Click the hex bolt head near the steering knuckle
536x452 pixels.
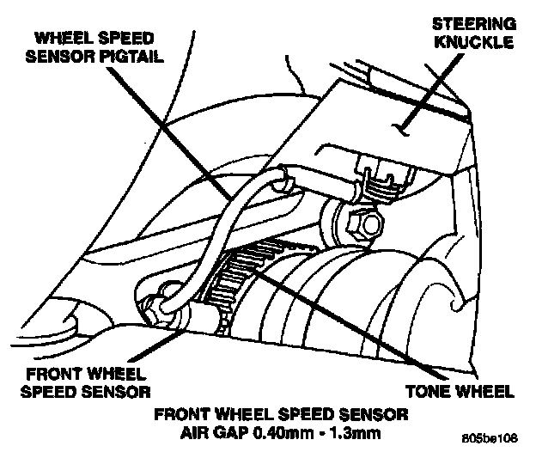tap(369, 225)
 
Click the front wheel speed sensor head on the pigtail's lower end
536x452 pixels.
tap(161, 306)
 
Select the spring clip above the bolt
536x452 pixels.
tap(378, 182)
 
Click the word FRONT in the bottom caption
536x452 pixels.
tap(181, 412)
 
